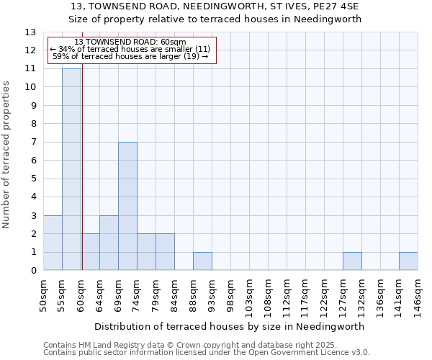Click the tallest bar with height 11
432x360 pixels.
point(71,169)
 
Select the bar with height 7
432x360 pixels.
point(127,206)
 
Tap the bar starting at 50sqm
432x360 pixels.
point(53,243)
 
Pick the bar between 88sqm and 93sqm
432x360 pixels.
point(202,261)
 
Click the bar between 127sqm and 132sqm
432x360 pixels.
point(352,261)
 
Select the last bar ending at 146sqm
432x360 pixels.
point(408,261)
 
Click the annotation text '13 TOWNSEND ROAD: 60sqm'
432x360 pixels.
point(130,42)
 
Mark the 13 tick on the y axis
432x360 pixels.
point(30,32)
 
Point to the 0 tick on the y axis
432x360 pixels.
point(33,271)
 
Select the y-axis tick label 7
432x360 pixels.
point(33,143)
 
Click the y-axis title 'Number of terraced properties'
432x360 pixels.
point(7,154)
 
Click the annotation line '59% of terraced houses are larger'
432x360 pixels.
point(130,56)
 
